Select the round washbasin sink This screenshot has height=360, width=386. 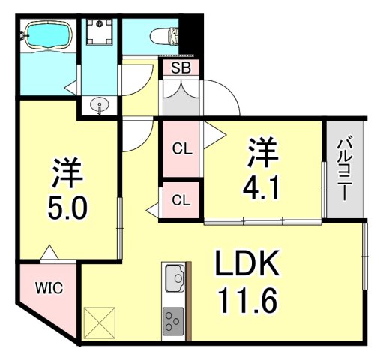coord(99,106)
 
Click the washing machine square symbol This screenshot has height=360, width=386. coord(100,34)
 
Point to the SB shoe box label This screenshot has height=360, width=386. coord(181,68)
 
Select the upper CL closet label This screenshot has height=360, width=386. coord(182,148)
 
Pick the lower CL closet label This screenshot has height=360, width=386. coord(181,200)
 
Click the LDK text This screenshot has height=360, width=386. coord(248,264)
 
